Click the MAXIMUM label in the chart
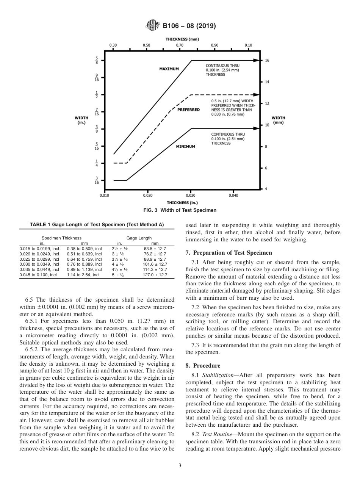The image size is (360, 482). coord(169,69)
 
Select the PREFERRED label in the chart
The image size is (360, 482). coord(188,110)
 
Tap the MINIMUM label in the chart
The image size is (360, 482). coord(186,146)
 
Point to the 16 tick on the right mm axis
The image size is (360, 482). coord(267,60)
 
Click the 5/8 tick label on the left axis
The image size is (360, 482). coord(97,60)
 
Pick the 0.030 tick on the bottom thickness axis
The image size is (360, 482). coord(191,196)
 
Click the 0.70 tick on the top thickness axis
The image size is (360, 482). coord(180,45)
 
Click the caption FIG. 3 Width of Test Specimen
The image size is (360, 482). coord(180,210)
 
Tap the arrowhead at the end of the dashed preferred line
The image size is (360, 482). coord(258,95)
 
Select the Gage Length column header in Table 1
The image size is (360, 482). coord(139,238)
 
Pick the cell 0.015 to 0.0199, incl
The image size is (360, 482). coord(39,249)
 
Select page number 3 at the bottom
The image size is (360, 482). coord(180,466)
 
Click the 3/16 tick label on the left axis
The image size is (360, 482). coord(97,180)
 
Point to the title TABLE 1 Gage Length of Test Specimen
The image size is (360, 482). coord(97,225)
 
